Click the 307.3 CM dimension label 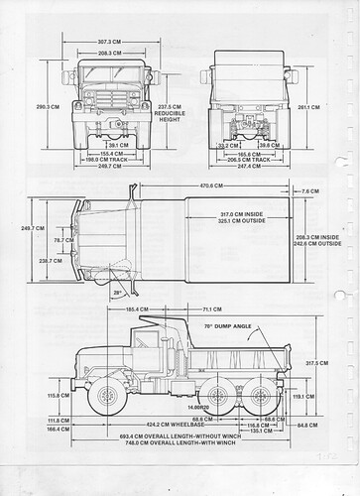[109, 41]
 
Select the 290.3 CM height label [46, 106]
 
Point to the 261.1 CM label [306, 107]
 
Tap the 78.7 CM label [62, 240]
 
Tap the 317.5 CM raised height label [315, 363]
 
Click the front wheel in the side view [106, 398]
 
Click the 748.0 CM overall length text [175, 472]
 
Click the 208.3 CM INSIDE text [318, 237]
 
